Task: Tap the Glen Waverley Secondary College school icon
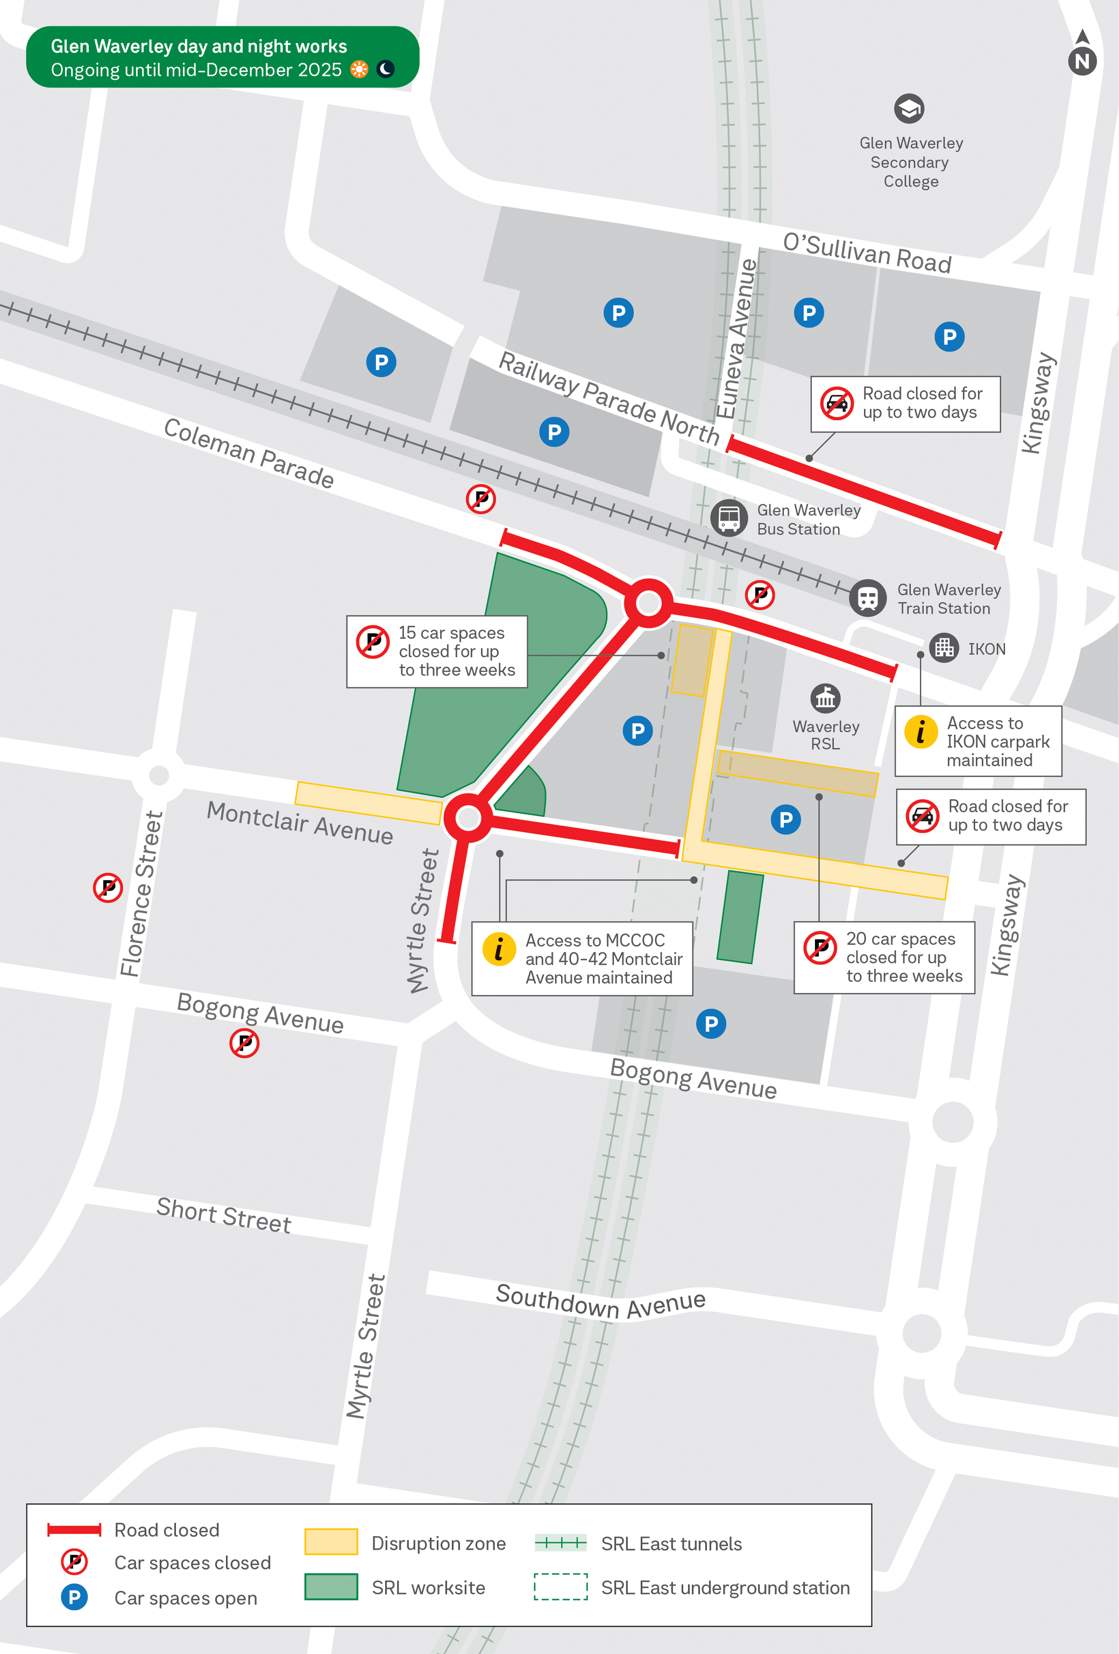(909, 109)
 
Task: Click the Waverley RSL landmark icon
(825, 698)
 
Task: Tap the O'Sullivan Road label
(867, 252)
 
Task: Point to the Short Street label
(223, 1215)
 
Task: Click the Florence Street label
(141, 893)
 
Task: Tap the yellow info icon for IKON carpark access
(920, 731)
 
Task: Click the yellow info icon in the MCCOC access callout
(499, 949)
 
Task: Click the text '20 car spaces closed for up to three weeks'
(903, 957)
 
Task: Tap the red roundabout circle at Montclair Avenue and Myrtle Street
(468, 818)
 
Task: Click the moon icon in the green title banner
(385, 69)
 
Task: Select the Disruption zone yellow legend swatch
(331, 1542)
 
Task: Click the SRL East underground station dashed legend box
(561, 1586)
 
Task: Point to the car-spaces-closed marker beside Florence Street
(108, 888)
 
